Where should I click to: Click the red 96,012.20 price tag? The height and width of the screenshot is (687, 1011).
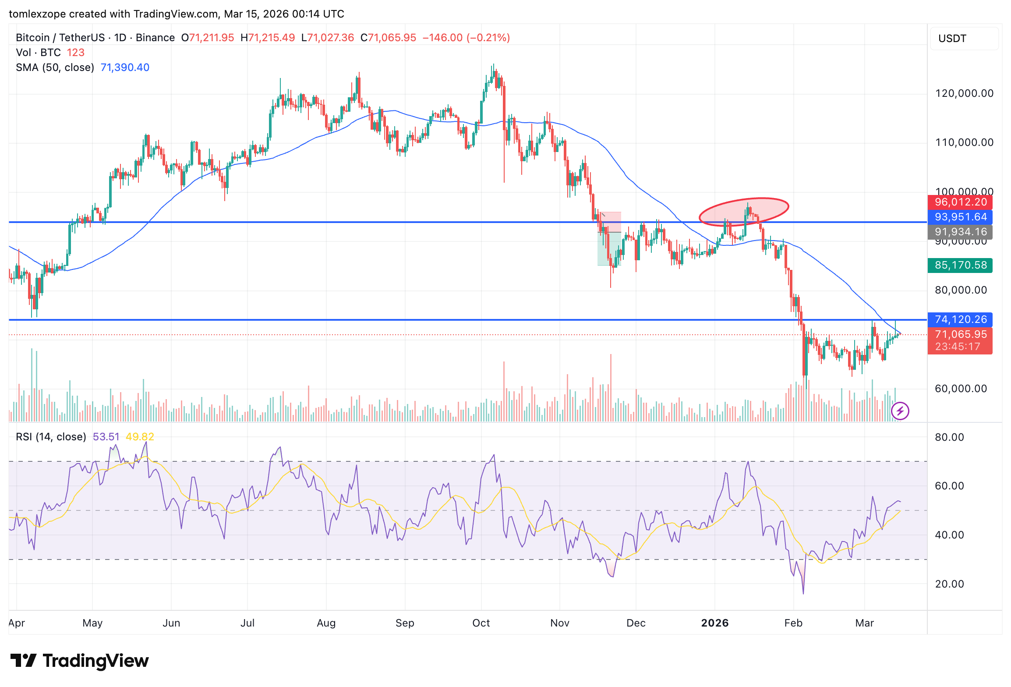click(x=960, y=202)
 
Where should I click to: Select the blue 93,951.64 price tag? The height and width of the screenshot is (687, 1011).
click(x=960, y=217)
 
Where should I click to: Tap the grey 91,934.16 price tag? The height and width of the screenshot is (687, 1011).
click(x=960, y=232)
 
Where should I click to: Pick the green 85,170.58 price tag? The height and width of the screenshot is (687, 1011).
click(x=960, y=266)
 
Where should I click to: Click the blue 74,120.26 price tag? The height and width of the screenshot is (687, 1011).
click(x=960, y=320)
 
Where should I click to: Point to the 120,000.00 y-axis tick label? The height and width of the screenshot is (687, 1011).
click(x=964, y=93)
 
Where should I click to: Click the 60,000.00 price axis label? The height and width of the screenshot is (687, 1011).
click(x=961, y=389)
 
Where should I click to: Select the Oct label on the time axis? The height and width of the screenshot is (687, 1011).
click(x=481, y=623)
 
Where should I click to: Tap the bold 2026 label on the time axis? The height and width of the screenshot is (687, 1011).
click(x=714, y=623)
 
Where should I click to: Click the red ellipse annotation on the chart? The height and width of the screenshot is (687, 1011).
click(x=744, y=212)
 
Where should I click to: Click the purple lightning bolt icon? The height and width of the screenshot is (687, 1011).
click(x=900, y=411)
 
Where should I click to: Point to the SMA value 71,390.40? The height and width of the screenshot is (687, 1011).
click(x=125, y=67)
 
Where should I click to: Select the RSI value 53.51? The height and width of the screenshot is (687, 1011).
click(x=106, y=437)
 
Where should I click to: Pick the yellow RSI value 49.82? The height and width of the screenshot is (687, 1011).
click(x=140, y=437)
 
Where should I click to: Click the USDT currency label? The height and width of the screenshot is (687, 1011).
click(x=952, y=39)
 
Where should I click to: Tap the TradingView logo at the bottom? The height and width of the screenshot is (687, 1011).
click(x=80, y=661)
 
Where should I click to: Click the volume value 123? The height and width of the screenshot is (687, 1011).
click(x=75, y=53)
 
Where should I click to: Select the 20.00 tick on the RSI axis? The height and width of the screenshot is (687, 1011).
click(x=949, y=584)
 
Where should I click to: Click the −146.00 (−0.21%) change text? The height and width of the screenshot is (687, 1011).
click(x=466, y=38)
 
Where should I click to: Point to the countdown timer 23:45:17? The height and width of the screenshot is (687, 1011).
click(x=958, y=347)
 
